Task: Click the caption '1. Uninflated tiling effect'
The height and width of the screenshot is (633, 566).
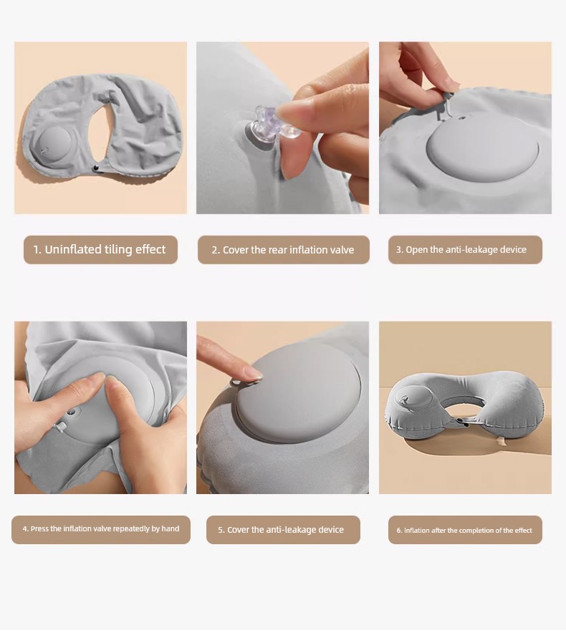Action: [x=100, y=249]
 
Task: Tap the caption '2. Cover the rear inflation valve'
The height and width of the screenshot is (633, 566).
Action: [x=283, y=250]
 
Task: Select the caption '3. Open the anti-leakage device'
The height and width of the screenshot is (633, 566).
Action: [x=461, y=250]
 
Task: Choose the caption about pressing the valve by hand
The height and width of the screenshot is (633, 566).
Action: [x=100, y=529]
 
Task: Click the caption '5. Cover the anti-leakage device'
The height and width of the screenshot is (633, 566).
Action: [x=281, y=530]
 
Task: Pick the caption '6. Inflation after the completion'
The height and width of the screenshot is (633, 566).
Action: [x=464, y=531]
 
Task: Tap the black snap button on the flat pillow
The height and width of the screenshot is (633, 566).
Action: [x=96, y=167]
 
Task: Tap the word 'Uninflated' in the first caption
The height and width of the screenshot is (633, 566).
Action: [x=72, y=249]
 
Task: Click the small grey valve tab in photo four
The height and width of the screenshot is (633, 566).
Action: [x=61, y=426]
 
